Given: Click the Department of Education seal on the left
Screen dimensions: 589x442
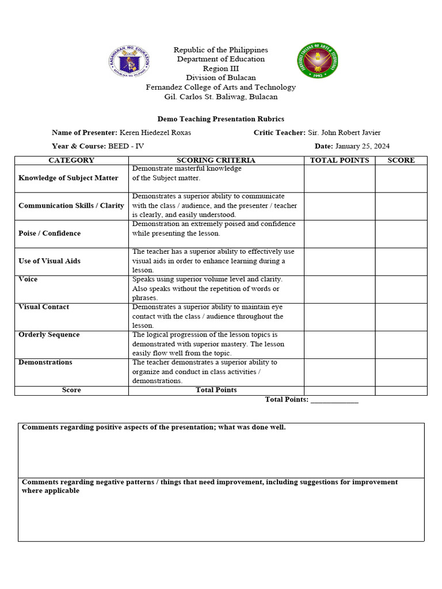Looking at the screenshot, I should [129, 59].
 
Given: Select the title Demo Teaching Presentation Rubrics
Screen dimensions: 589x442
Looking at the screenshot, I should [221, 119].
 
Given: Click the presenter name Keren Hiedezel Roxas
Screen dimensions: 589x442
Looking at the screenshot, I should [155, 133].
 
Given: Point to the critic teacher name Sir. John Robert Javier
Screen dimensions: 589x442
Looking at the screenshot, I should [344, 133].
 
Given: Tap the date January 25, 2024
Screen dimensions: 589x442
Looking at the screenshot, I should [362, 147].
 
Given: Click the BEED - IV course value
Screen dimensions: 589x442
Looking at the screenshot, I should [126, 147].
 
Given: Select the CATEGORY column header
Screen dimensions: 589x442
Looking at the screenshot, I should [71, 160].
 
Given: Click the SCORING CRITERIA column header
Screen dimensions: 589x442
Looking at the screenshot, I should [216, 160].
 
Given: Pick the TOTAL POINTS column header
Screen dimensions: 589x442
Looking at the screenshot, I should [340, 160].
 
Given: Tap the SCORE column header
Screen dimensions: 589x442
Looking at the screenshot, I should [401, 160].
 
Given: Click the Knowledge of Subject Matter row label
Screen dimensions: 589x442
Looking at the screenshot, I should [68, 178].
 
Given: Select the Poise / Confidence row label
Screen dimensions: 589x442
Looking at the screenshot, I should [49, 234].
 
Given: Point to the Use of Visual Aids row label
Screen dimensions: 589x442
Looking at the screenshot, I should [49, 261].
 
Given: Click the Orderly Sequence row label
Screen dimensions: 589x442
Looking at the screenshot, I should [49, 335].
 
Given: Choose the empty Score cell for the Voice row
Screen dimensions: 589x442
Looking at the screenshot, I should [401, 289].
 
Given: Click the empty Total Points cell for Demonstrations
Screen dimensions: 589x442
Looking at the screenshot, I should [340, 372].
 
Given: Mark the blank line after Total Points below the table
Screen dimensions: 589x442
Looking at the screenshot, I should [334, 400].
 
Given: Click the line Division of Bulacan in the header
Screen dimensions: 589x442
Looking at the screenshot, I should [221, 78].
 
